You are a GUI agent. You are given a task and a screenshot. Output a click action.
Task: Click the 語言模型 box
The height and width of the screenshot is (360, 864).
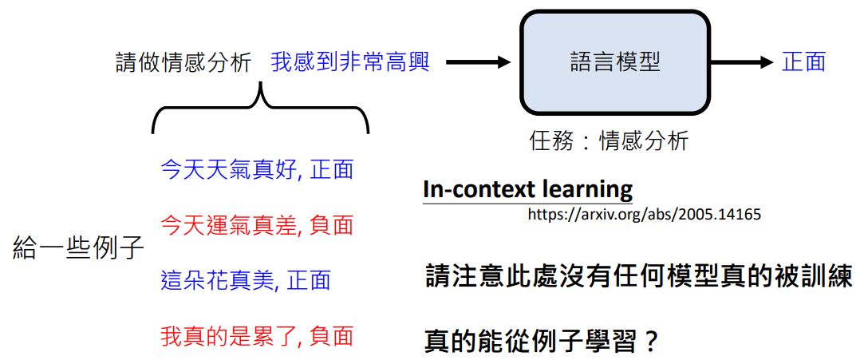[x=615, y=63]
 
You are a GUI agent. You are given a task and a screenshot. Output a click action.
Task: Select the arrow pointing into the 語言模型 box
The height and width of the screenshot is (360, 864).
[x=479, y=63]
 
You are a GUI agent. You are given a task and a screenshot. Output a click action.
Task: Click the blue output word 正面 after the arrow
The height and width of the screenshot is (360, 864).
[x=804, y=63]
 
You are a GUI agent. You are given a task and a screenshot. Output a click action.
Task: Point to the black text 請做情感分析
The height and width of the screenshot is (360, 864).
[x=184, y=63]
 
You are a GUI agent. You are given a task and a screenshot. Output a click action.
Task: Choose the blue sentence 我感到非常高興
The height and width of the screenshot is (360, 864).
[x=350, y=63]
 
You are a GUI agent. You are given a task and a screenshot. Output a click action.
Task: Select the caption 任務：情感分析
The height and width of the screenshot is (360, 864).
[x=609, y=141]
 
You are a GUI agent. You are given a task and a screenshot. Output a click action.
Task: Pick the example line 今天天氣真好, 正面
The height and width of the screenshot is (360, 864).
[x=257, y=170]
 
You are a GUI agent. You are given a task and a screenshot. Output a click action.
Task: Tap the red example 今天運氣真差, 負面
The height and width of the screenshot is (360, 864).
[x=257, y=225]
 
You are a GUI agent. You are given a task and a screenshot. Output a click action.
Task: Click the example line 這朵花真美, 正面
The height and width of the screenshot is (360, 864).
[x=246, y=280]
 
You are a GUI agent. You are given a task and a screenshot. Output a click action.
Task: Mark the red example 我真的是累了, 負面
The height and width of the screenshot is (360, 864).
[x=257, y=335]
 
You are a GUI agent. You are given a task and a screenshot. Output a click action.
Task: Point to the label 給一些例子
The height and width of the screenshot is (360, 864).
[x=78, y=250]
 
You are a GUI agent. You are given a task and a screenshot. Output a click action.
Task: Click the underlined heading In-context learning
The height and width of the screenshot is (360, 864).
[x=528, y=190]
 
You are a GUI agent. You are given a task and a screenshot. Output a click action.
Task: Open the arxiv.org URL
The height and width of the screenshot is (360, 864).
[x=645, y=215]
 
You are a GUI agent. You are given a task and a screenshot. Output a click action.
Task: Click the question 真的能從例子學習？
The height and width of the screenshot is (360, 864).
[x=542, y=342]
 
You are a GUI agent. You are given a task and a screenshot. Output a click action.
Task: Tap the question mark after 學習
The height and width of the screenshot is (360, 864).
[x=651, y=342]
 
